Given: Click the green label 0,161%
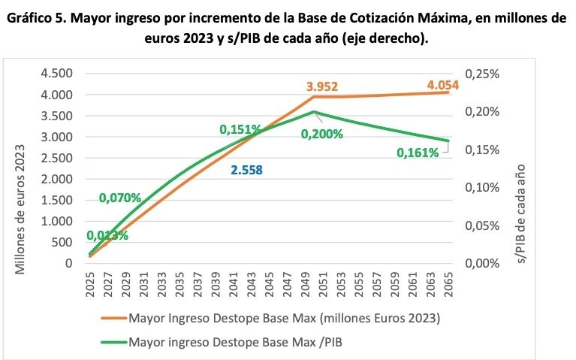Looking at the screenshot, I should coord(418,153).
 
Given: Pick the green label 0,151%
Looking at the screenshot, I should coord(240,129).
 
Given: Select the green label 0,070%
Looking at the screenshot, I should coord(120,198).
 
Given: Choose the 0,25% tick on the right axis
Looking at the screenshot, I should coord(482,74).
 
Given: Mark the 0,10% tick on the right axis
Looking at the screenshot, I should coord(482,187).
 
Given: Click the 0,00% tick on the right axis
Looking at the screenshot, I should coord(482,263).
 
